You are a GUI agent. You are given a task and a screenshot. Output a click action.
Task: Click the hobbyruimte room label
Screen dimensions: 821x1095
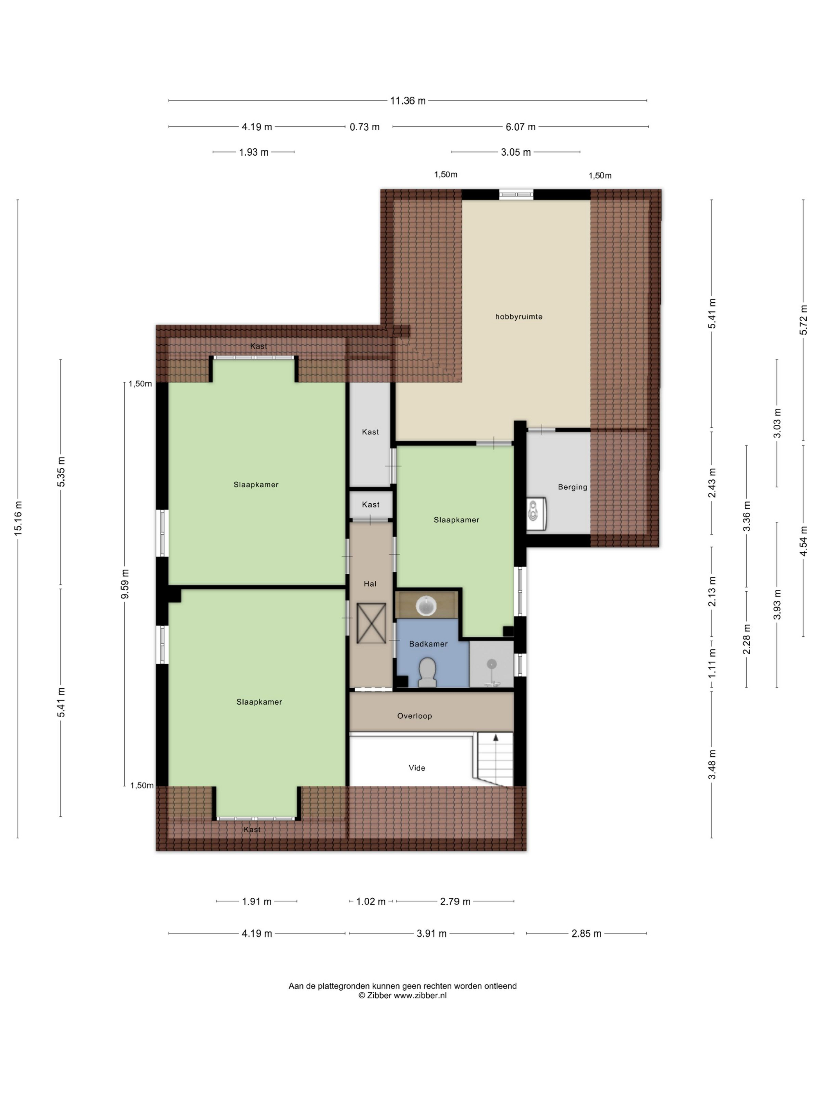(519, 317)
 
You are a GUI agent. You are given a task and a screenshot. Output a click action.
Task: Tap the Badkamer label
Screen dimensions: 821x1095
(428, 644)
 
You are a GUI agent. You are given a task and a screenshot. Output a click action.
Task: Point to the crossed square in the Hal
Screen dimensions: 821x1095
(371, 623)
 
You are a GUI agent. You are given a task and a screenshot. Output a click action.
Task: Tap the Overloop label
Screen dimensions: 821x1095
(415, 716)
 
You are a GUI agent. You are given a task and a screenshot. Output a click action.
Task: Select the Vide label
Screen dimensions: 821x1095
(417, 768)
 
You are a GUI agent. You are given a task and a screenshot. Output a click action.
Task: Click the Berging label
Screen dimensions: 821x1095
(573, 487)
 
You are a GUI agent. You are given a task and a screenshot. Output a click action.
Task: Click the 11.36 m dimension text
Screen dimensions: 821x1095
(408, 101)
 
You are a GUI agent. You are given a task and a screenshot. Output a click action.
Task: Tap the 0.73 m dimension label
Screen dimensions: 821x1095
(365, 127)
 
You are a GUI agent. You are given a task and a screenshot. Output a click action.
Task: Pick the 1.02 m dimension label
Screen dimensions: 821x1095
(371, 902)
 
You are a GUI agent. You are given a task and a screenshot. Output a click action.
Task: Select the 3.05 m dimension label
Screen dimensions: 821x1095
(516, 153)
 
